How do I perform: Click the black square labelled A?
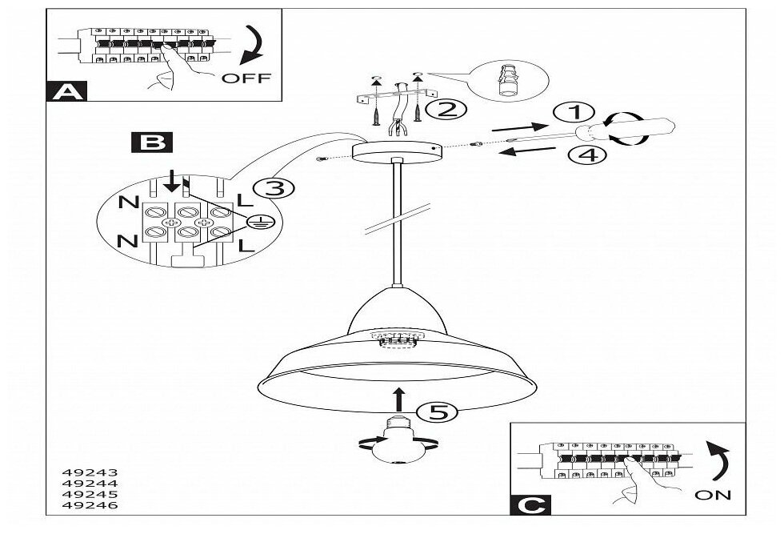click(x=68, y=90)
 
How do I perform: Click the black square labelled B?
click(x=151, y=143)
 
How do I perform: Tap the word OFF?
click(x=246, y=78)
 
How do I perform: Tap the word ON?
click(x=713, y=495)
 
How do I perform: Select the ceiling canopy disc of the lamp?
click(x=397, y=151)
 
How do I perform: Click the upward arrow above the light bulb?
click(x=398, y=397)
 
